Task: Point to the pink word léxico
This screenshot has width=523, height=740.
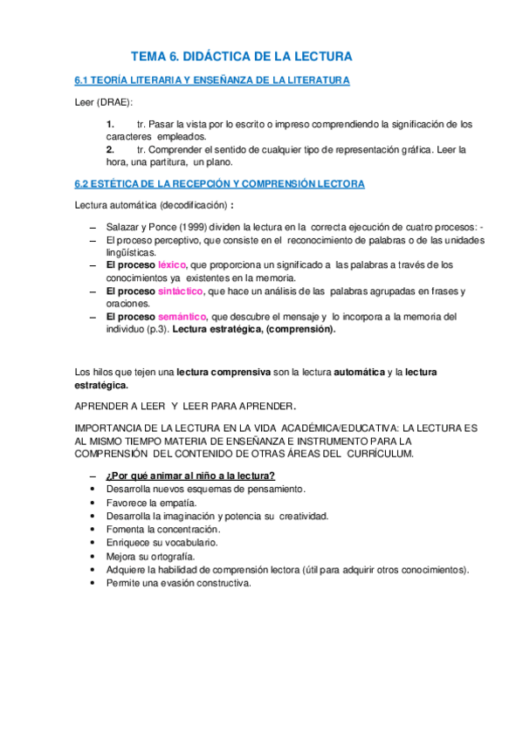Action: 172,264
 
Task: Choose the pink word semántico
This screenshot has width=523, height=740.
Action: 181,317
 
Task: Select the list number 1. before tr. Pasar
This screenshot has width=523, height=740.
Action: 111,124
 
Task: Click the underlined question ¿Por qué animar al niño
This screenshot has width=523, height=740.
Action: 190,476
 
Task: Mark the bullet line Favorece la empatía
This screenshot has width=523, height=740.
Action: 150,503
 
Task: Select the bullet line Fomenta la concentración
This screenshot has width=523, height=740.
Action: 162,529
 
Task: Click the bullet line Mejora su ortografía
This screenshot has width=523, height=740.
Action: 149,556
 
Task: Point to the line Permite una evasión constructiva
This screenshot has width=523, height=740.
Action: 177,583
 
